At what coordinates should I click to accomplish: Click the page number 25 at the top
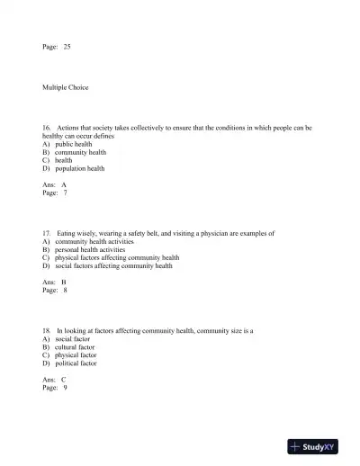(x=67, y=47)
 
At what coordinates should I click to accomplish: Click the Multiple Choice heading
(x=66, y=87)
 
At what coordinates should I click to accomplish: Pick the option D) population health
(x=73, y=168)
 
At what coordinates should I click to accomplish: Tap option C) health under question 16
(x=57, y=160)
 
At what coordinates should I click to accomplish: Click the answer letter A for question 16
(x=64, y=184)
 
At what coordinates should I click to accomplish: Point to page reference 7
(x=65, y=193)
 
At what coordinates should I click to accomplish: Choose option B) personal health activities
(x=84, y=249)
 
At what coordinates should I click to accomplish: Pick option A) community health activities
(x=87, y=241)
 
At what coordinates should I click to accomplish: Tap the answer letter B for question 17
(x=64, y=282)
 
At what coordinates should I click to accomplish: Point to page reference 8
(x=65, y=291)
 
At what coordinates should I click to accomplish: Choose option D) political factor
(x=69, y=363)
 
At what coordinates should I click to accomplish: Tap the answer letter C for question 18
(x=64, y=380)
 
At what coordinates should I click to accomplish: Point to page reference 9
(x=65, y=388)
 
